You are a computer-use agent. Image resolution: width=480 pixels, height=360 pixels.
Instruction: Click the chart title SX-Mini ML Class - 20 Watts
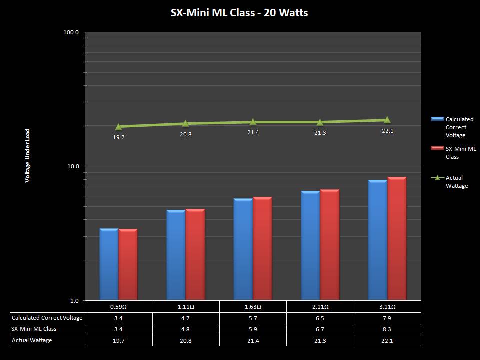click(239, 13)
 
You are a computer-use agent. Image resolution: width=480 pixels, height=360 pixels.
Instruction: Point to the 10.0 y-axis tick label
click(73, 166)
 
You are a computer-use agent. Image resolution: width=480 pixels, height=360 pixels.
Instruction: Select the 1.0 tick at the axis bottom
click(74, 300)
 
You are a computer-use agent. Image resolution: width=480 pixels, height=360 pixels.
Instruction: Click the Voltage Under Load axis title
click(28, 155)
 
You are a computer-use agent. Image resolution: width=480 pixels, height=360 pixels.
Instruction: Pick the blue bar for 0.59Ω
click(109, 265)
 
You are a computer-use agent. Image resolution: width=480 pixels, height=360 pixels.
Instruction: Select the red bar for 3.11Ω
click(397, 239)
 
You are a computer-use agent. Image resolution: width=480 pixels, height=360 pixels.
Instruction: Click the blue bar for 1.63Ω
click(243, 250)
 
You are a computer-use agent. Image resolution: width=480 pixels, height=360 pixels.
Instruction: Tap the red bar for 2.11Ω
click(330, 245)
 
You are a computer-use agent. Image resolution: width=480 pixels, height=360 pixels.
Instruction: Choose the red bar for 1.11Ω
click(195, 255)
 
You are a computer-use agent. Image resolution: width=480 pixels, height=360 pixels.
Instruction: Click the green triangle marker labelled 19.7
click(118, 127)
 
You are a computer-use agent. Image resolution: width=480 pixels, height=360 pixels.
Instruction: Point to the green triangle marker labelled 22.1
click(387, 120)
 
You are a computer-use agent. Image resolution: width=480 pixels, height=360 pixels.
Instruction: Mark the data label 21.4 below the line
click(253, 132)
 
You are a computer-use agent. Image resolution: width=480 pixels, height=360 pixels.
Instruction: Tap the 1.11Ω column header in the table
click(186, 307)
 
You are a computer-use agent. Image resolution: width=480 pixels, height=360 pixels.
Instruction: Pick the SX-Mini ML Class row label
click(34, 329)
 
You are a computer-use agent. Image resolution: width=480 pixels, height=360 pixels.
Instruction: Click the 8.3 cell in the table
click(387, 329)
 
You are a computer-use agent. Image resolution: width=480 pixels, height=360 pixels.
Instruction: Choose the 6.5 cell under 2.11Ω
click(320, 318)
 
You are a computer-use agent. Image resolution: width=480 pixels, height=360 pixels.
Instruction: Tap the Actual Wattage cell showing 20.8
click(186, 340)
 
